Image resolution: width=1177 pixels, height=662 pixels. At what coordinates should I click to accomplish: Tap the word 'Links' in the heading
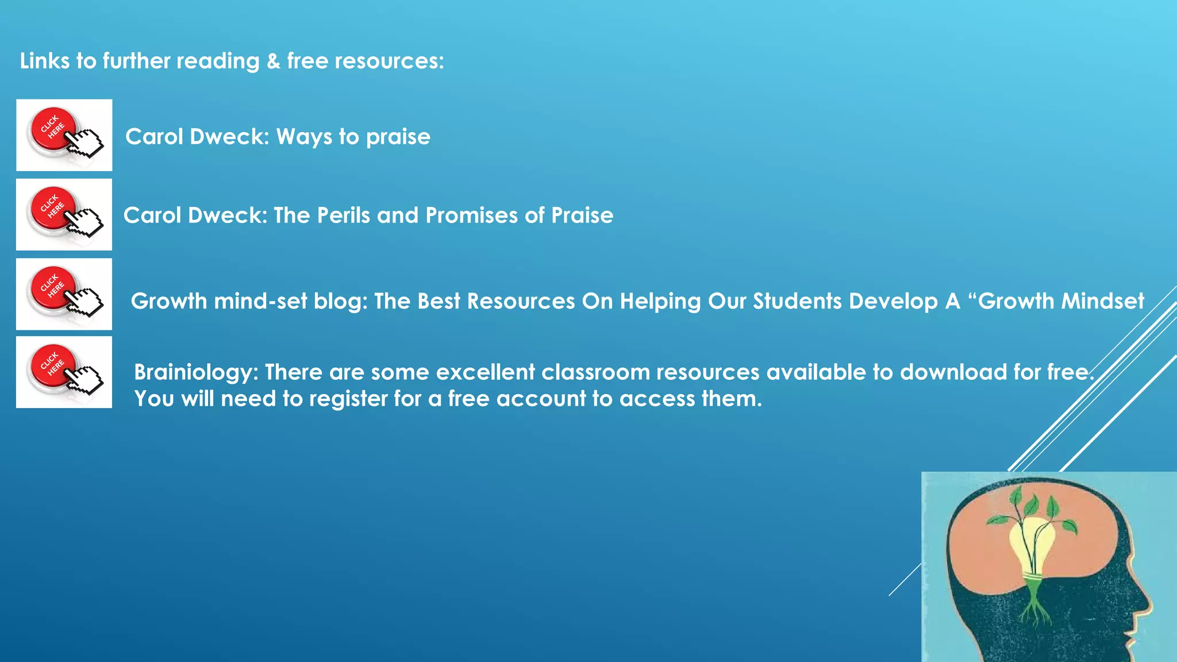click(x=44, y=61)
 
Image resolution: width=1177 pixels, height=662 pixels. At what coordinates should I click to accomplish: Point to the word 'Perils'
click(x=343, y=215)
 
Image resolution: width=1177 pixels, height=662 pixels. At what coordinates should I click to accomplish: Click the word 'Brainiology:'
click(x=196, y=372)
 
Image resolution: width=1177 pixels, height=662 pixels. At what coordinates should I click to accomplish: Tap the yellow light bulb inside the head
click(x=1032, y=546)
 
